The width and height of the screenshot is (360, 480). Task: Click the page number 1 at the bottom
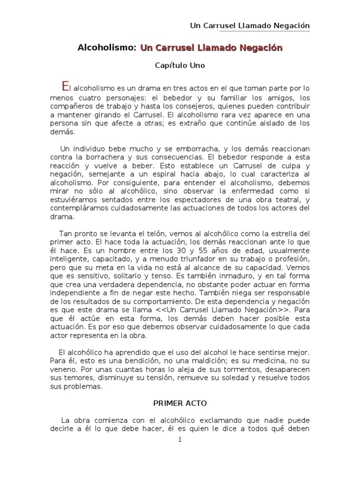click(180, 440)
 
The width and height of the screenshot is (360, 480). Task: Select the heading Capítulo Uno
click(180, 66)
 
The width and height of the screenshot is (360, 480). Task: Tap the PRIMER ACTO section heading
click(180, 403)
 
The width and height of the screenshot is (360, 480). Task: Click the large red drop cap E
click(66, 86)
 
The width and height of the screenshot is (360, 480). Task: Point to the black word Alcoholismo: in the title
click(107, 48)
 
